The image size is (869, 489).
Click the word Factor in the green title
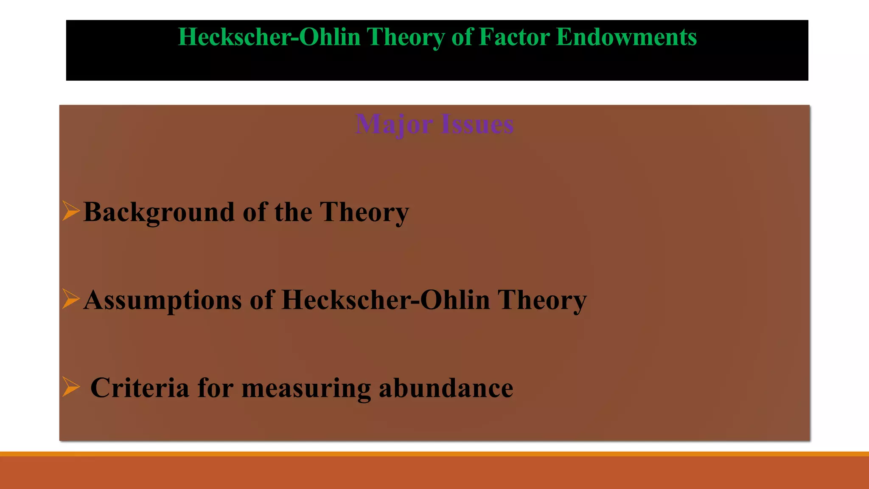pyautogui.click(x=514, y=37)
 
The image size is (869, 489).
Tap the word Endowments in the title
pyautogui.click(x=626, y=37)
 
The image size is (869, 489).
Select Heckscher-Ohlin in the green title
pyautogui.click(x=269, y=37)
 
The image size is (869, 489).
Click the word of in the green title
pyautogui.click(x=462, y=37)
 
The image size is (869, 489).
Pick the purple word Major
pyautogui.click(x=394, y=125)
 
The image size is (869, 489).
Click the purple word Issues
pyautogui.click(x=477, y=125)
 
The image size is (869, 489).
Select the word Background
pyautogui.click(x=159, y=212)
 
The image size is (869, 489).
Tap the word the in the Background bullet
pyautogui.click(x=293, y=211)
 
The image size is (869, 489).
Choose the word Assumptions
pyautogui.click(x=163, y=301)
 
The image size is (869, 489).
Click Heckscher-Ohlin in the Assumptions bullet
pyautogui.click(x=386, y=300)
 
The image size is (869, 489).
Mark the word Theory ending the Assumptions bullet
pyautogui.click(x=542, y=301)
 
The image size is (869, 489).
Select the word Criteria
pyautogui.click(x=140, y=388)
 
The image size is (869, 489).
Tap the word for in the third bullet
pyautogui.click(x=216, y=388)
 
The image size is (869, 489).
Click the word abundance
pyautogui.click(x=446, y=388)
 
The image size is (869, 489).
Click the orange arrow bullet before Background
pyautogui.click(x=70, y=211)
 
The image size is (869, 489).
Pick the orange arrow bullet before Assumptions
pyautogui.click(x=70, y=299)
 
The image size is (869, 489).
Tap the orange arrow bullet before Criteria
pyautogui.click(x=70, y=387)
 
